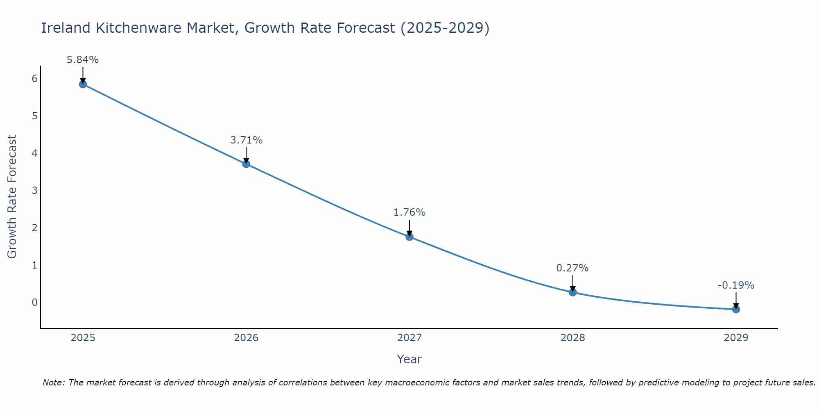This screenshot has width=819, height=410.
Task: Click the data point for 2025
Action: (83, 84)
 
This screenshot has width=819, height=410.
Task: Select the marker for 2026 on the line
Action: (246, 164)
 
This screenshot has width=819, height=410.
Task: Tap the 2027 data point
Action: (409, 237)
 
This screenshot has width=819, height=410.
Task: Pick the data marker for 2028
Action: (572, 292)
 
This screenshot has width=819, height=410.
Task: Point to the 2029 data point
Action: (736, 310)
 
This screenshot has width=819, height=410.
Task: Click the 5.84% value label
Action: (83, 60)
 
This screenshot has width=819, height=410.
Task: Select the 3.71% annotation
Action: (246, 140)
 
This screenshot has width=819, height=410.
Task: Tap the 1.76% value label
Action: (409, 212)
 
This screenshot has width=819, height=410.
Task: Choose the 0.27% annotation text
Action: (572, 268)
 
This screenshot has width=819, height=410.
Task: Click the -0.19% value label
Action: (736, 285)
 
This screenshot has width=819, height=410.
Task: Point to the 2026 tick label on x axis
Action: (246, 338)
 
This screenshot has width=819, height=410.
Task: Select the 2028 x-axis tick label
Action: (572, 338)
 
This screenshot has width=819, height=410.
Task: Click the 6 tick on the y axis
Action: (34, 79)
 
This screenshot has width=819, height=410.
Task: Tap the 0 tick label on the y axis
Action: (34, 303)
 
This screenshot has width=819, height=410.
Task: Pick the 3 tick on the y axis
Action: (34, 191)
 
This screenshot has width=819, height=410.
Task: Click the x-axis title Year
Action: (409, 359)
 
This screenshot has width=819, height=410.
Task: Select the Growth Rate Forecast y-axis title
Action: (12, 197)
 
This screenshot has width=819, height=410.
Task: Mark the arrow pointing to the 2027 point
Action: (409, 228)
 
